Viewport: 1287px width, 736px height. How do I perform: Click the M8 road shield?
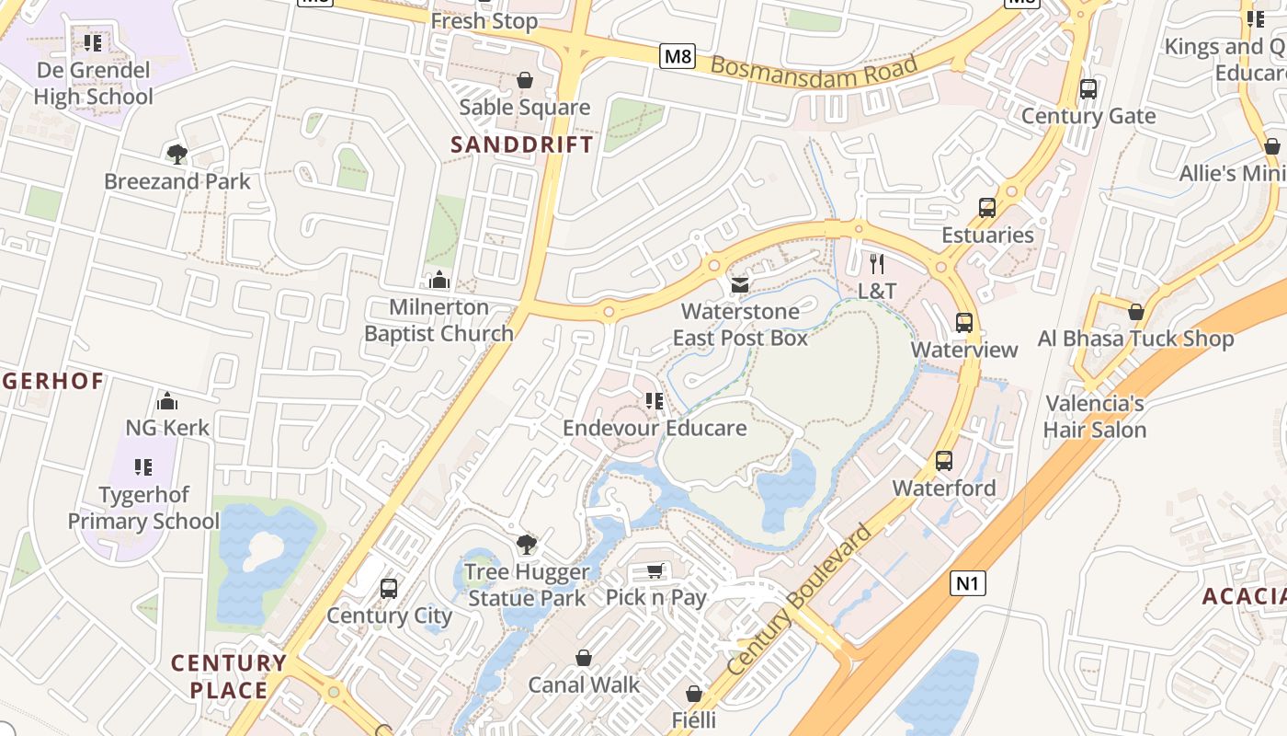(x=678, y=57)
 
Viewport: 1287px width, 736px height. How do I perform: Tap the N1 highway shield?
(x=968, y=582)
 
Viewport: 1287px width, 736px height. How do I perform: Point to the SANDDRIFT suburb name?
(x=522, y=144)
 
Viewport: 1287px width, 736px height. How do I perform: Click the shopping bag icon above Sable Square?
(x=525, y=81)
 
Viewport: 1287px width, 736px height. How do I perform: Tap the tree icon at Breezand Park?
(x=177, y=154)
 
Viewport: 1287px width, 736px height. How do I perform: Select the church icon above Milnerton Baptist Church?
(x=439, y=280)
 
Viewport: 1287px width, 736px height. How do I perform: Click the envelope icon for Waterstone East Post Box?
(x=740, y=285)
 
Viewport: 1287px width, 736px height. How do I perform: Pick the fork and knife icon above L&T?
(x=877, y=264)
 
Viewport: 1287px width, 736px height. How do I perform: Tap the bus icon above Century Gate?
(x=1088, y=89)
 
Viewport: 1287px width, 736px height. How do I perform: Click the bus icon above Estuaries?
(x=987, y=208)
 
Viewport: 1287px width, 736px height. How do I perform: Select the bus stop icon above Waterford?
(x=944, y=461)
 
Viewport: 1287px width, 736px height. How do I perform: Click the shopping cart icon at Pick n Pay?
(x=655, y=571)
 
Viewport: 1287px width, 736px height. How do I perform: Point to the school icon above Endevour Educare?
(x=655, y=401)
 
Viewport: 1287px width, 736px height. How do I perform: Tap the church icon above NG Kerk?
(x=167, y=401)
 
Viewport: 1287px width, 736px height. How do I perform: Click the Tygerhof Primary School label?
(x=143, y=508)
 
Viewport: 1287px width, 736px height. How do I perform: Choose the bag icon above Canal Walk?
(x=584, y=658)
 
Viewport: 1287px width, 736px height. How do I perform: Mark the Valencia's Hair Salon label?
(x=1095, y=417)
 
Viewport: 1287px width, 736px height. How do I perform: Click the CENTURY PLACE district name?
(x=229, y=676)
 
